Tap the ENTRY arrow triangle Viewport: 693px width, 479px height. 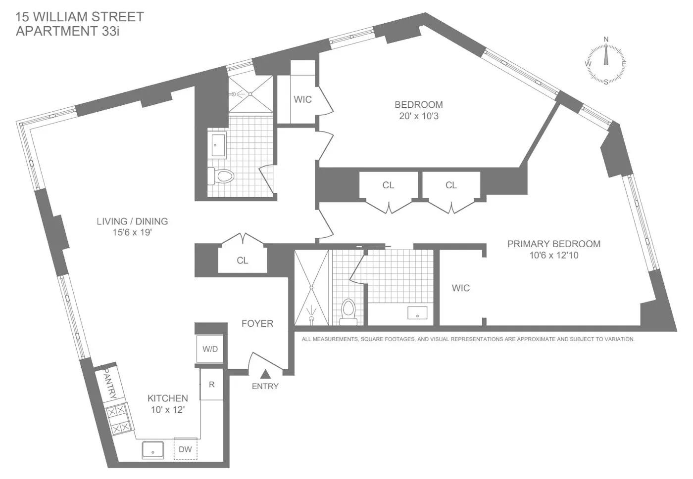pos(265,374)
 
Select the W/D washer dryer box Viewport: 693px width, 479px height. pos(210,349)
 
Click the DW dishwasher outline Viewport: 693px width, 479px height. pos(185,449)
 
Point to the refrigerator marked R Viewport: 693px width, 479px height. pos(211,384)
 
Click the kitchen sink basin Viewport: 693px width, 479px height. pos(153,450)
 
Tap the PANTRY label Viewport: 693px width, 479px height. pos(109,386)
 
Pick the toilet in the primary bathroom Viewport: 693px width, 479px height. pos(348,311)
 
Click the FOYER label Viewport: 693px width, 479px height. pos(257,323)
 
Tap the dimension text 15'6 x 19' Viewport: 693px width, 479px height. pos(132,232)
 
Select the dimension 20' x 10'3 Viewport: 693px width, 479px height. pos(419,116)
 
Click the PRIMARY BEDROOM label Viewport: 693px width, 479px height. pos(553,244)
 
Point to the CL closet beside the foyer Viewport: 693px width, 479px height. pos(242,261)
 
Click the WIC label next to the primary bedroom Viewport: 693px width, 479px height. pos(460,288)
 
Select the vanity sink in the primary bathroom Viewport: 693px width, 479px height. pos(417,313)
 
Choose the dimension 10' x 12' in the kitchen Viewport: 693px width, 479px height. pos(168,410)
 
